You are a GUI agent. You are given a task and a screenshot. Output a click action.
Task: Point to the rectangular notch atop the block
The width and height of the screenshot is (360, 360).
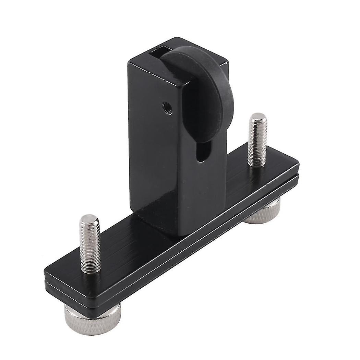coord(160,53)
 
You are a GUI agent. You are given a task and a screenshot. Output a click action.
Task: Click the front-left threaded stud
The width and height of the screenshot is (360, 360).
coord(90,243)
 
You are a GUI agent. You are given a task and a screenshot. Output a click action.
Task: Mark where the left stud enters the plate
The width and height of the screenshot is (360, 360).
coord(91,269)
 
